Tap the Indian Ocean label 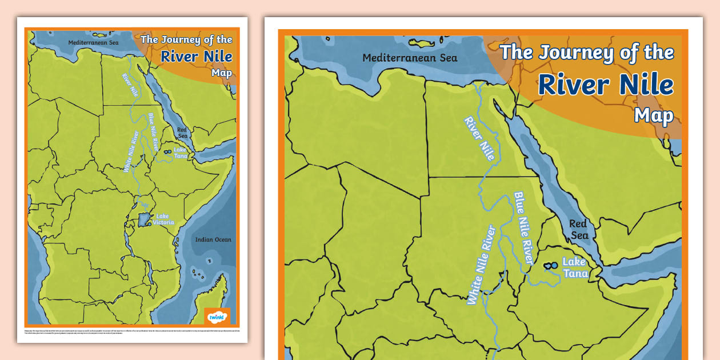tap(213, 239)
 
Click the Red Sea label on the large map tap(578, 230)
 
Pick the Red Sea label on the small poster tap(182, 133)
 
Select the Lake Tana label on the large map tap(574, 267)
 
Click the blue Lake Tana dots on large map tap(551, 266)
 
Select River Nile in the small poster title tap(196, 56)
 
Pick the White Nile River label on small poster tap(131, 151)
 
